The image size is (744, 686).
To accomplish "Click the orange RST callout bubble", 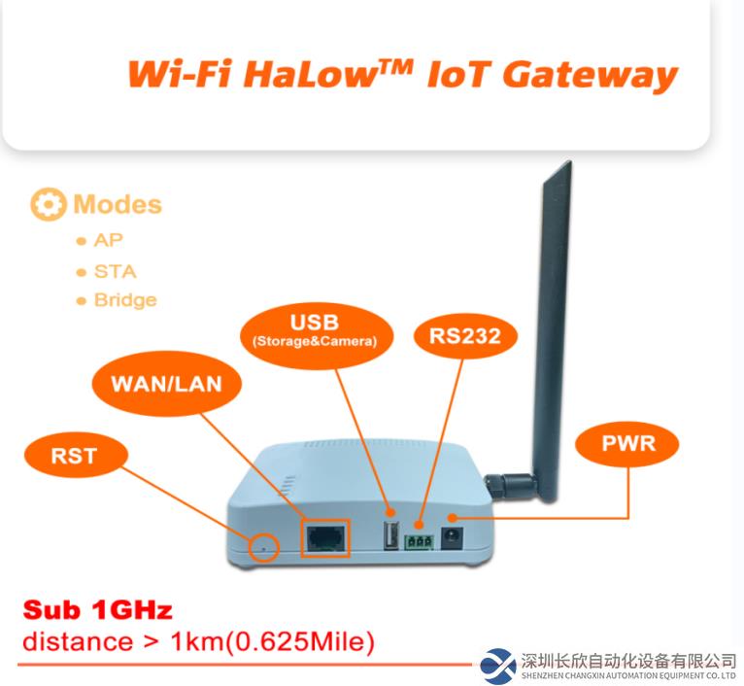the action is (76, 456).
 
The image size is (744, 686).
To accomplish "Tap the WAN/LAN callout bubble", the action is (166, 384).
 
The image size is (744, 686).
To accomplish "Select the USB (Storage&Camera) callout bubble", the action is (317, 335).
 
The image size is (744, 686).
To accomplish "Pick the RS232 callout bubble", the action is (465, 335).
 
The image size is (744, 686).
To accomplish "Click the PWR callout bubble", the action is (627, 443).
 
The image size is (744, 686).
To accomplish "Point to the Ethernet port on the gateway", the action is (325, 538).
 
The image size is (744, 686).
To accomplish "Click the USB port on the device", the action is (391, 535).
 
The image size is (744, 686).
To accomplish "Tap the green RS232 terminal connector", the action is (419, 542).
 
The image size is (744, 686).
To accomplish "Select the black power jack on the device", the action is (453, 538).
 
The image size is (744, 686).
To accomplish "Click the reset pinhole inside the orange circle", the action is (265, 549).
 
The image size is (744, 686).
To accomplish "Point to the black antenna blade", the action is (552, 327).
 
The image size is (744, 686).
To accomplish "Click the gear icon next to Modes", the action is (48, 204).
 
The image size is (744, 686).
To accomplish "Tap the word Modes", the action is (118, 205).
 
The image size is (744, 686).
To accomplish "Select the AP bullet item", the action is (100, 240).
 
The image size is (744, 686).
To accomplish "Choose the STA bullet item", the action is (106, 271).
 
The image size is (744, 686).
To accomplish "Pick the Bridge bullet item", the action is (117, 300).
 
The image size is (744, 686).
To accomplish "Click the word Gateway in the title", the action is (591, 76).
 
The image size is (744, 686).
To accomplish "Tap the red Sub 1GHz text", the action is (97, 609).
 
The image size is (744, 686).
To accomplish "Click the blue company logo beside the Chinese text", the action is (497, 666).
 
